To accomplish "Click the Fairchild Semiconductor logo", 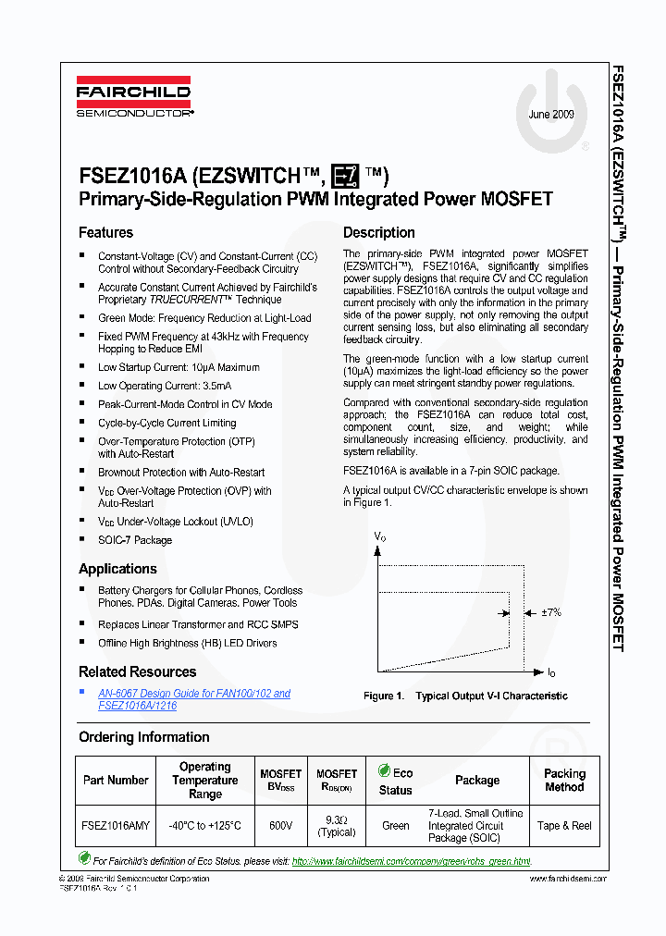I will tap(135, 99).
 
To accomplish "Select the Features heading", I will tap(105, 233).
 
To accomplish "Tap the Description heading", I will tap(378, 233).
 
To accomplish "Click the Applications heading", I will tap(117, 569).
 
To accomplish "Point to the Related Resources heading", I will tap(137, 671).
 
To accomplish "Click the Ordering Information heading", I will tap(143, 737).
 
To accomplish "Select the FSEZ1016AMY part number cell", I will tap(115, 826).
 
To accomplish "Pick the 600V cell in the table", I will tap(280, 826).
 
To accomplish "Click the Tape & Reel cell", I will tap(564, 826).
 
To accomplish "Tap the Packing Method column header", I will tap(564, 780).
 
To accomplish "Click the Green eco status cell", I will tap(395, 826).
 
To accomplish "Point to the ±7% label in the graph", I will tap(550, 612).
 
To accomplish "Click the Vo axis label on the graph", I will tap(379, 536).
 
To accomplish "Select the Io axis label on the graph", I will tap(551, 672).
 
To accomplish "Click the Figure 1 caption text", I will tap(465, 696).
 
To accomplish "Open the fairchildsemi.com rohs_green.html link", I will tap(412, 861).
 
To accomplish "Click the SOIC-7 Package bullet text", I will tap(135, 540).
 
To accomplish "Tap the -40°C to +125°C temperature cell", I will tap(204, 826).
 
